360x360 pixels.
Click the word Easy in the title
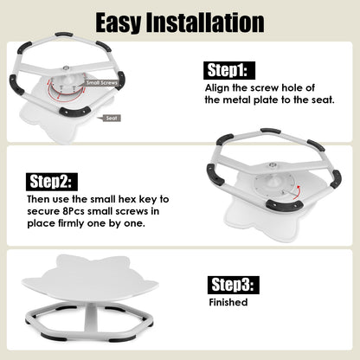click(119, 22)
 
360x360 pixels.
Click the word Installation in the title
click(205, 22)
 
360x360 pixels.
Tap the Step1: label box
click(229, 70)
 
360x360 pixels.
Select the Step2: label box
click(52, 182)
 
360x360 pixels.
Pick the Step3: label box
click(234, 285)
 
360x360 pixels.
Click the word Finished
click(228, 302)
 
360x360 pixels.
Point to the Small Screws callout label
click(102, 83)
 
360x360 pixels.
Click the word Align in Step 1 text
click(217, 88)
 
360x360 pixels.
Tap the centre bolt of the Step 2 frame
click(272, 164)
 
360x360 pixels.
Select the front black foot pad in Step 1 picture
click(74, 111)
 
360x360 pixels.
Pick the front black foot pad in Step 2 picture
click(284, 204)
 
